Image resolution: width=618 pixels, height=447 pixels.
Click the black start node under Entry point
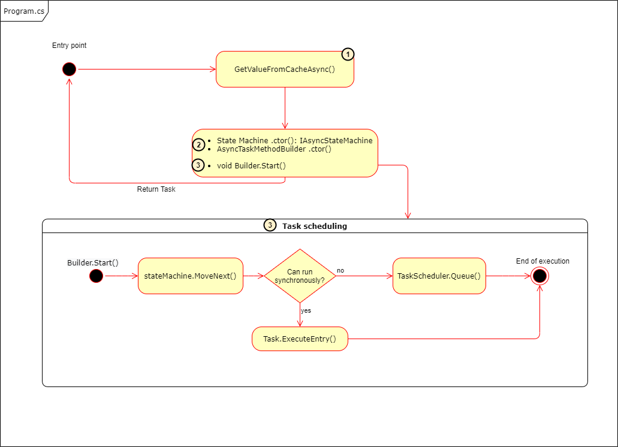tap(70, 70)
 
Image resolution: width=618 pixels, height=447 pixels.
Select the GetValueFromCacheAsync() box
tap(285, 70)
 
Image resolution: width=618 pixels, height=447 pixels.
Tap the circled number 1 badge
tap(348, 55)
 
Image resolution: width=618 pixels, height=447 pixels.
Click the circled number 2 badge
tap(198, 144)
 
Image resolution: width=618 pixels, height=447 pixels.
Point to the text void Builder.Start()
tap(251, 165)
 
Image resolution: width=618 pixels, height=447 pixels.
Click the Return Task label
tap(156, 189)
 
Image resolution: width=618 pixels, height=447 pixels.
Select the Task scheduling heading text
tap(314, 226)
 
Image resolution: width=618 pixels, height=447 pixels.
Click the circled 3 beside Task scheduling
tap(270, 226)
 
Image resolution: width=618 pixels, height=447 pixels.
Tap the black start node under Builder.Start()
tap(96, 276)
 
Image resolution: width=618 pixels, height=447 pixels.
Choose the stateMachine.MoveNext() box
tap(191, 276)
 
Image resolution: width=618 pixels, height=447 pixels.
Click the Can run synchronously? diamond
tap(300, 276)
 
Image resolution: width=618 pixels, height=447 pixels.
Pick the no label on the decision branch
tap(340, 271)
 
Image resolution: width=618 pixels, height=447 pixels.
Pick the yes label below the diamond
tap(306, 311)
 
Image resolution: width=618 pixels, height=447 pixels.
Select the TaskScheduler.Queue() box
tap(439, 276)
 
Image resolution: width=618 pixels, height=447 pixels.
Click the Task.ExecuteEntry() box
tap(300, 339)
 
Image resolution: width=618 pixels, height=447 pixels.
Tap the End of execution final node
tap(539, 276)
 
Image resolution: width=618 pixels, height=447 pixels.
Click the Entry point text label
tap(70, 46)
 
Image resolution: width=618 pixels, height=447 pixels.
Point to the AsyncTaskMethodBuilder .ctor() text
tap(274, 149)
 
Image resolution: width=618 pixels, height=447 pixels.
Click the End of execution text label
tap(542, 261)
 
